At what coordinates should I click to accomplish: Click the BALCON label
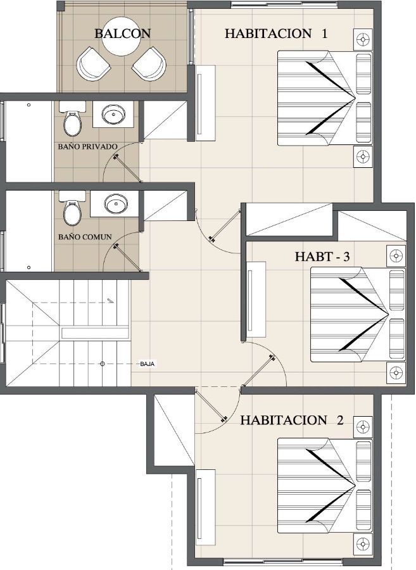122,34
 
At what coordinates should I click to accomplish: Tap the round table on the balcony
121,36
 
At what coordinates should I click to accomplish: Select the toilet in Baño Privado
72,118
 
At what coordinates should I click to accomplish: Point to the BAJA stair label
148,364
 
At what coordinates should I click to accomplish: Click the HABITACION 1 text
276,34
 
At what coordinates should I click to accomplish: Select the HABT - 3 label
322,256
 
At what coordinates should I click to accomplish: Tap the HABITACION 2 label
292,421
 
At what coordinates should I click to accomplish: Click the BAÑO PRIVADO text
88,146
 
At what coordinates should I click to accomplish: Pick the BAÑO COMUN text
85,237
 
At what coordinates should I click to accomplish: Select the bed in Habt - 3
358,315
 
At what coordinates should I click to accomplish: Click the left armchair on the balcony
92,65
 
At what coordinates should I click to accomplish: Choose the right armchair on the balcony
149,65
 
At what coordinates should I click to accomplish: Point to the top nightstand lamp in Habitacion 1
363,39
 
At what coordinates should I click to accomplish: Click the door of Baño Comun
127,258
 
